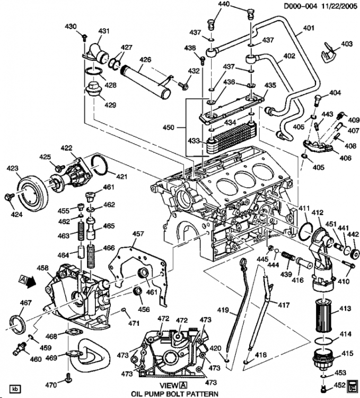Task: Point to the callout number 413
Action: pos(346,308)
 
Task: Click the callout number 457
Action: pos(138,234)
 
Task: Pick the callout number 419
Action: pos(223,309)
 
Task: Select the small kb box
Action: pos(15,387)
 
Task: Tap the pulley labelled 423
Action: pos(31,191)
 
